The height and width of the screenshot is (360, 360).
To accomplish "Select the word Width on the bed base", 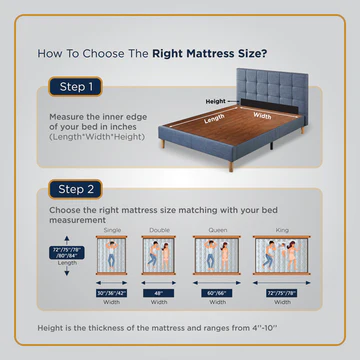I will point(261,116).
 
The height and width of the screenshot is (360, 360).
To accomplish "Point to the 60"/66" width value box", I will point(214,295).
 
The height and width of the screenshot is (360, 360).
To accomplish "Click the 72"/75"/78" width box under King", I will point(282,295).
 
